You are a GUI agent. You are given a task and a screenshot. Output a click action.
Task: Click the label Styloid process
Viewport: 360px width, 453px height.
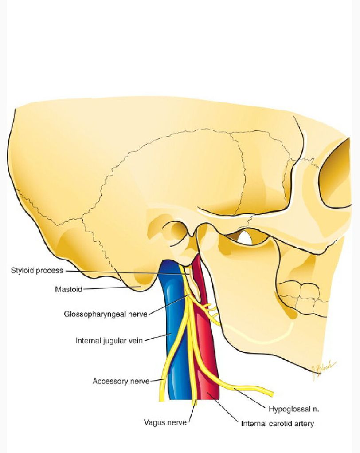[37, 270]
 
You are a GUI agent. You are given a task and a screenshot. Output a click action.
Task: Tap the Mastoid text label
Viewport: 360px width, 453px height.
[68, 289]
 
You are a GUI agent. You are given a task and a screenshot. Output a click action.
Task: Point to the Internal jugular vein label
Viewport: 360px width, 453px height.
[109, 341]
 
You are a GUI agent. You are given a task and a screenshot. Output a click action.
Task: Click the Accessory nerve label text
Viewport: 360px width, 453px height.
[121, 381]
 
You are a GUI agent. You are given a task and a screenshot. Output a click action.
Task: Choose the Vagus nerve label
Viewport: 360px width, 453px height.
[165, 422]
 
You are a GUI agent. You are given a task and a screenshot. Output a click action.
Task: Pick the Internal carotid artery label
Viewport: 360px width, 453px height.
[277, 424]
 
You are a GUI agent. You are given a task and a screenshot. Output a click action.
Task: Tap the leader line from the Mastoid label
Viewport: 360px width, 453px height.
[111, 288]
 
